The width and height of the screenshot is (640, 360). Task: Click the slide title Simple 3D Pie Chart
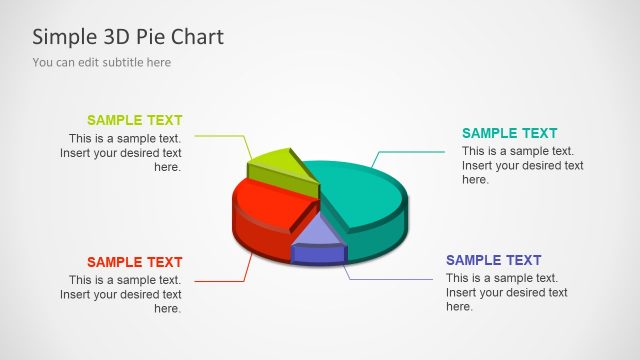point(128,37)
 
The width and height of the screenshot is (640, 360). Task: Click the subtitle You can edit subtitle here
point(101,62)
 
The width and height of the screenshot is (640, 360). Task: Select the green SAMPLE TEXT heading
point(135,120)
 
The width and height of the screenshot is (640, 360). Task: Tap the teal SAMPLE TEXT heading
point(509,133)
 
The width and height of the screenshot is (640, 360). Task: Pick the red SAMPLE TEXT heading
point(135,262)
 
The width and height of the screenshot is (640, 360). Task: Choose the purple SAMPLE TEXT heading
point(493,260)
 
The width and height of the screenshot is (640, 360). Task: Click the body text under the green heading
point(123,153)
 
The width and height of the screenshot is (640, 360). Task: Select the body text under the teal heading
point(522,165)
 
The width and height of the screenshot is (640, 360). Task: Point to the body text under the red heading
point(123,294)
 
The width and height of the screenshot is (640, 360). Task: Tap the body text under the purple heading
point(506,292)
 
